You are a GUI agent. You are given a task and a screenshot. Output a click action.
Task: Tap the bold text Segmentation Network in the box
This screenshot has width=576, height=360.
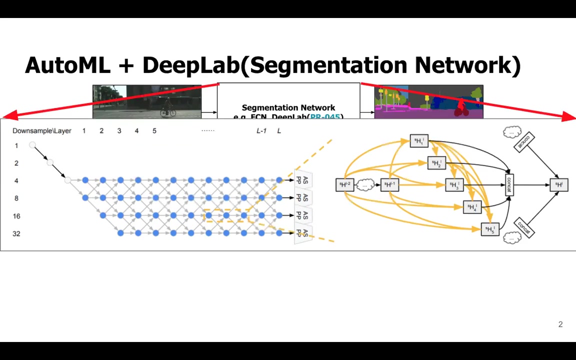point(288,107)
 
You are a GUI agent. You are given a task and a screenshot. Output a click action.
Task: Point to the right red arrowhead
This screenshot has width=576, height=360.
point(568,117)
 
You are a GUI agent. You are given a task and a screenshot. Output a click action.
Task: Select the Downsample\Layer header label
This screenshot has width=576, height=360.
point(42,131)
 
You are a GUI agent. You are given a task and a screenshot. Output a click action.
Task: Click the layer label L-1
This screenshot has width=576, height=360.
point(261,131)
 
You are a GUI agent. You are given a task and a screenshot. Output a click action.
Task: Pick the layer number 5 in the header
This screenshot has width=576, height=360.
point(154,131)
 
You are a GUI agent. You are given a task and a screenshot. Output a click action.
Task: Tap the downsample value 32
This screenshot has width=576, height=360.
point(16,233)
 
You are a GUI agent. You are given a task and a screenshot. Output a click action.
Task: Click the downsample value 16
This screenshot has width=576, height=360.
point(16,216)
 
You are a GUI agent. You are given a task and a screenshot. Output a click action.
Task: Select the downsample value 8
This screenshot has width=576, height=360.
point(16,198)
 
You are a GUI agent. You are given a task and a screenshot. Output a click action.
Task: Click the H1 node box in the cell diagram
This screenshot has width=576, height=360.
point(419,141)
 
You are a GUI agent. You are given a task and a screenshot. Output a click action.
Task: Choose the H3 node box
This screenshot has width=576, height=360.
point(454,185)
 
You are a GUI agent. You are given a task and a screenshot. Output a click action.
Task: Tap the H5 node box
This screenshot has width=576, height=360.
point(489,229)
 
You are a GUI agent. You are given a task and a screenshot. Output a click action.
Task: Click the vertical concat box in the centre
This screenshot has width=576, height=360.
point(509,185)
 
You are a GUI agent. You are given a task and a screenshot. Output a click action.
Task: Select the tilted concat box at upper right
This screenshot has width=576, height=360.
point(523,142)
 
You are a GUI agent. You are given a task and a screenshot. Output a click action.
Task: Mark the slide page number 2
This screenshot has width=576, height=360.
point(560,324)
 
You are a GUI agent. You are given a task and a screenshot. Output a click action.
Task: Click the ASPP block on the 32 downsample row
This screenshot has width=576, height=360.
point(302,233)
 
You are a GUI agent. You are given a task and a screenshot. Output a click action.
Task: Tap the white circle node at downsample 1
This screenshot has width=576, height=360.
point(32,145)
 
